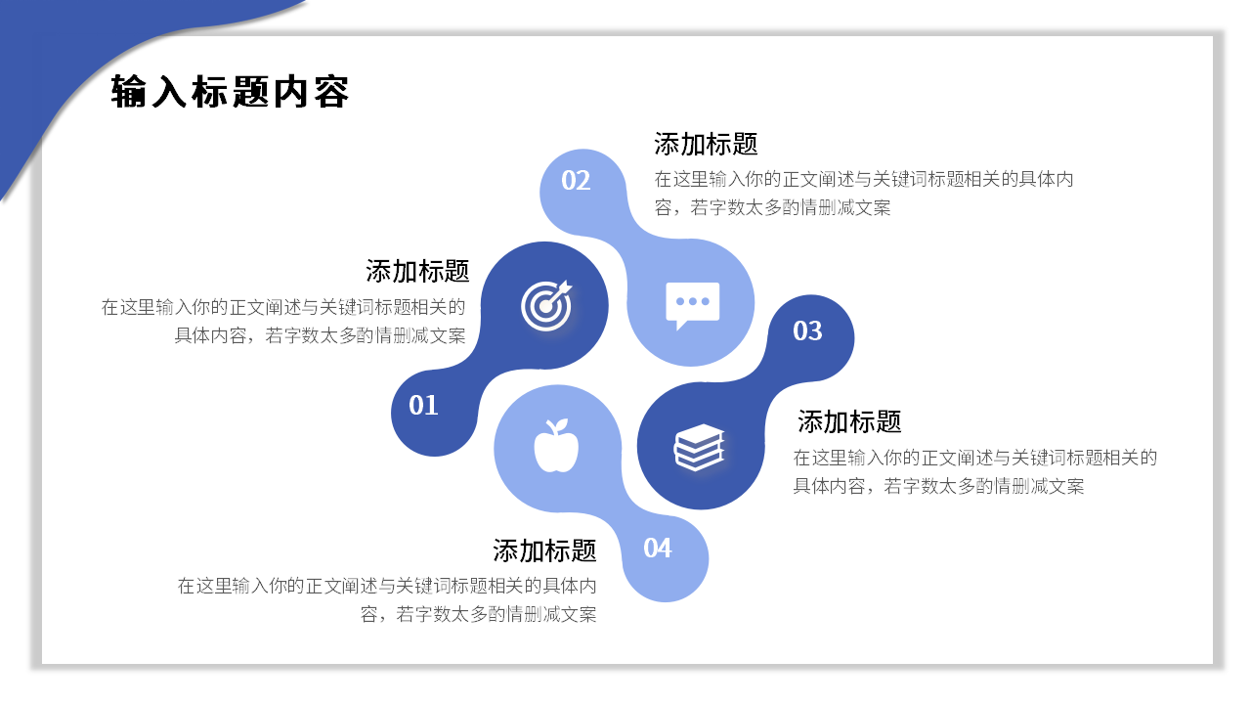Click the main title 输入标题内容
coord(231,92)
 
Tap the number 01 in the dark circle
coord(423,405)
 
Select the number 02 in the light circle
coord(576,181)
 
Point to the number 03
coord(807,331)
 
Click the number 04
coord(658,549)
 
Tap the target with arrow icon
coord(545,305)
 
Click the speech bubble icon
coord(692,304)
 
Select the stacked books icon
coord(699,448)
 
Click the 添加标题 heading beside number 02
coord(706,145)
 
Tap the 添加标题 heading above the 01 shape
coord(417,271)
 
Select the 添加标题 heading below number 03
coord(849,421)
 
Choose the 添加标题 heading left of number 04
coord(544,550)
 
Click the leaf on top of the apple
coord(560,425)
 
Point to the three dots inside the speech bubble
coord(693,300)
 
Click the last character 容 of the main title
coord(332,92)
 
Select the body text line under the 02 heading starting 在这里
coord(864,180)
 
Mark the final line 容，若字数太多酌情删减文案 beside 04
coord(479,615)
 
